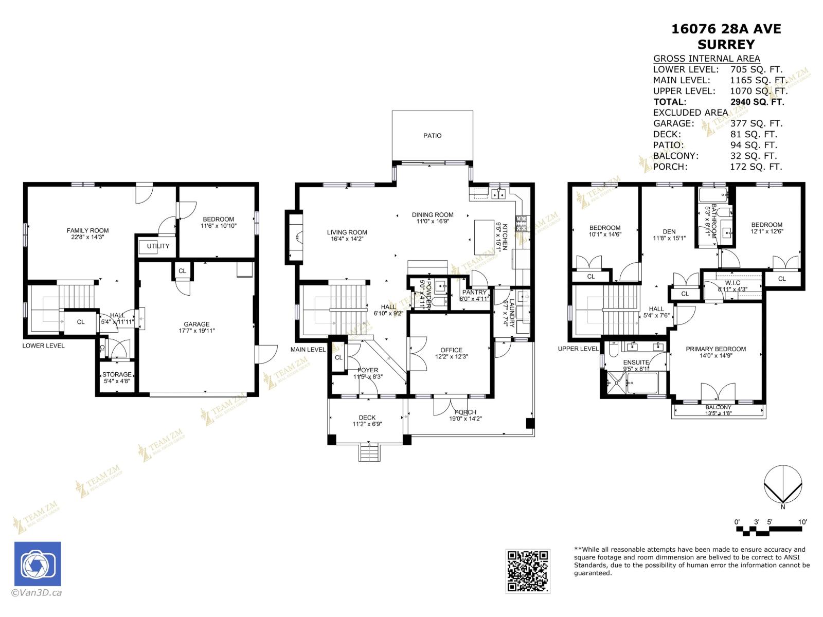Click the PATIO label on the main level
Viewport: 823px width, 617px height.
432,136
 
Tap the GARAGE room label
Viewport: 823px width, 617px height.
196,324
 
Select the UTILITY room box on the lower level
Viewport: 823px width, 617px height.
157,246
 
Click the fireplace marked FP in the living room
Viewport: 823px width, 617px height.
297,238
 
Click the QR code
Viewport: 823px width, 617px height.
527,571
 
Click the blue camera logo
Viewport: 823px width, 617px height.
38,564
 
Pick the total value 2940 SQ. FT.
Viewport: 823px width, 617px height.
757,102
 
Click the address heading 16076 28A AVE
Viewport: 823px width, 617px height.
726,29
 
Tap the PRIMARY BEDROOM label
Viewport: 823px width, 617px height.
715,349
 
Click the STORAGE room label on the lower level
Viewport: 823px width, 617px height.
117,374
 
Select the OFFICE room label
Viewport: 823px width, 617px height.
451,350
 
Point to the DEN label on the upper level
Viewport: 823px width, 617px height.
669,231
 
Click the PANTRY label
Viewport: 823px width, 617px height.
474,292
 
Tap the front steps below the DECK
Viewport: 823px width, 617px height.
368,453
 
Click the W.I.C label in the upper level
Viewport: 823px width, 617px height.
732,283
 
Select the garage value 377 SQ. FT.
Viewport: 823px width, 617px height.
756,123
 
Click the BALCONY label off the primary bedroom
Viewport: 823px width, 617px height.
718,407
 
